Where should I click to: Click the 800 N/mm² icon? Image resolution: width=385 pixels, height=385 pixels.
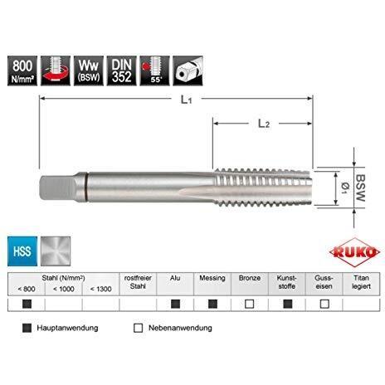pyautogui.click(x=22, y=71)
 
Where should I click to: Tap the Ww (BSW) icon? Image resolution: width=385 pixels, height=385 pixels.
pyautogui.click(x=89, y=71)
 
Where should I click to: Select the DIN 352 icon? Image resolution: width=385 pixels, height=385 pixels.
pyautogui.click(x=122, y=71)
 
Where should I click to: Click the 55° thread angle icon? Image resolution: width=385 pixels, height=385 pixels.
pyautogui.click(x=154, y=71)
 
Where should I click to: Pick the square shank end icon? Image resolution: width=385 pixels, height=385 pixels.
pyautogui.click(x=188, y=71)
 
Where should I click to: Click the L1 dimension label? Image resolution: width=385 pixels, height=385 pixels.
pyautogui.click(x=186, y=100)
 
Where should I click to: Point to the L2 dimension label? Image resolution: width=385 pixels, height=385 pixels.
pyautogui.click(x=264, y=124)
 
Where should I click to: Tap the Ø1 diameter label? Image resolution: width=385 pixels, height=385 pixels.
pyautogui.click(x=345, y=188)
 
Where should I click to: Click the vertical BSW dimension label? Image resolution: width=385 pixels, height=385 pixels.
pyautogui.click(x=360, y=188)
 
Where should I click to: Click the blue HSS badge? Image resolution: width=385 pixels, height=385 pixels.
pyautogui.click(x=22, y=251)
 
